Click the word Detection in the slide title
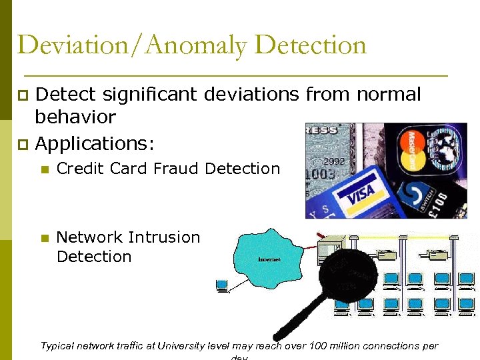tap(311, 45)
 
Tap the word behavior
tap(75, 118)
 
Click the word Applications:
tap(95, 143)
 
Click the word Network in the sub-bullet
tap(89, 237)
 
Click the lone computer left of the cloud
tap(223, 285)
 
